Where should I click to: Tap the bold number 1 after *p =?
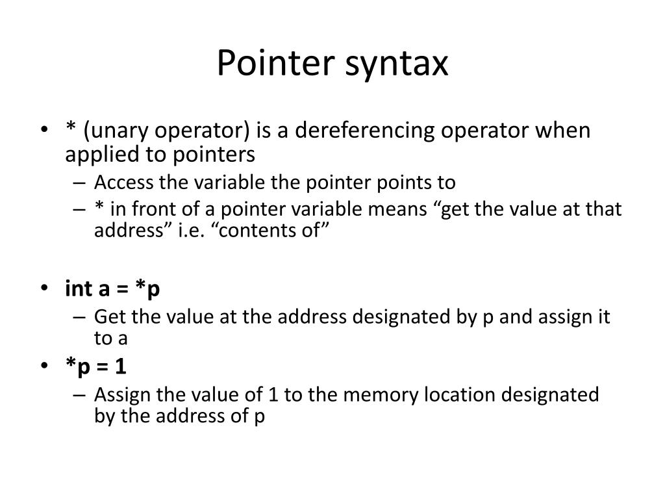(x=120, y=367)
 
